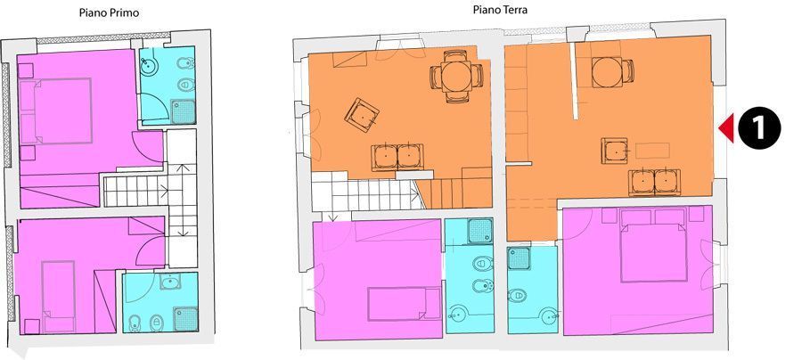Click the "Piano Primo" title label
tap(109, 12)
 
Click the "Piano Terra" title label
tap(500, 9)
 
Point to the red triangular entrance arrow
tap(726, 127)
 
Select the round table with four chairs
tap(456, 77)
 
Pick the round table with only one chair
tap(613, 71)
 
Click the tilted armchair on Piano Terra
tap(362, 115)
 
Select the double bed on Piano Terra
tap(653, 245)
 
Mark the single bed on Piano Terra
tap(404, 304)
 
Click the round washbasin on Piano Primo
tap(150, 64)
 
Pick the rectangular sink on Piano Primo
tap(169, 282)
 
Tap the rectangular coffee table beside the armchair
tap(652, 151)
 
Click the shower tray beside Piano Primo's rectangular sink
tap(185, 319)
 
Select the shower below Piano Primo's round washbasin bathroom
tap(183, 111)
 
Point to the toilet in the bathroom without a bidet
tap(517, 295)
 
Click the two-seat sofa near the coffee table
tap(655, 182)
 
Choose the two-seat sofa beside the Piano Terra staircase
tap(397, 157)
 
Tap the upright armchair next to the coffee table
tap(614, 151)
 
